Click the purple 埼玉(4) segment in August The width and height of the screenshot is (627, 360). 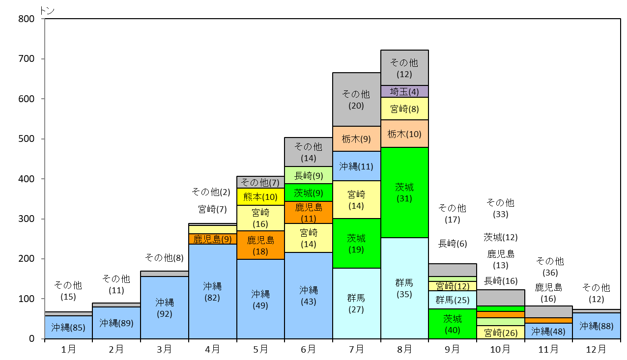pos(404,91)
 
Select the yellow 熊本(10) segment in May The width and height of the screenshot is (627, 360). pos(260,197)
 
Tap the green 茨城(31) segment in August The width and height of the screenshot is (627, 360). pos(404,193)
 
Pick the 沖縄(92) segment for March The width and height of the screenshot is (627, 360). pos(165,307)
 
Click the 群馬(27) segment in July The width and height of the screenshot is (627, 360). pos(356,304)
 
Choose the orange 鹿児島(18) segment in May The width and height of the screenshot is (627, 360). pos(260,245)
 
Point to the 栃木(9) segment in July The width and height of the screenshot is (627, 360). pos(356,138)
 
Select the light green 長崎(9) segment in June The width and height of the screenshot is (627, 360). pos(309,175)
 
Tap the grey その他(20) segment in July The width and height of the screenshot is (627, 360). pos(356,100)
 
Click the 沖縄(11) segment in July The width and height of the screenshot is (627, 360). pos(356,166)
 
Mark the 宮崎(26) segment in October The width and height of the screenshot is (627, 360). pos(501,332)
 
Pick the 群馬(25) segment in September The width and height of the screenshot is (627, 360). pos(453,300)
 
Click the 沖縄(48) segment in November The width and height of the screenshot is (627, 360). pos(548,331)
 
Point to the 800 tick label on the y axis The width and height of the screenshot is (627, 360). pos(27,19)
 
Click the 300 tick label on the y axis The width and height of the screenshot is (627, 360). pos(27,219)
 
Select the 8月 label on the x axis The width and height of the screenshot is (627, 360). pos(404,349)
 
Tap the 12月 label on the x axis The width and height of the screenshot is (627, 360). pos(596,349)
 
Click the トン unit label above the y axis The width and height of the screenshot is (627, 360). pos(47,10)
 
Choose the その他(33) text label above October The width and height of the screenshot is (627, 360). pos(501,208)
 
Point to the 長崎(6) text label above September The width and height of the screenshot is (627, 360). pos(453,244)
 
